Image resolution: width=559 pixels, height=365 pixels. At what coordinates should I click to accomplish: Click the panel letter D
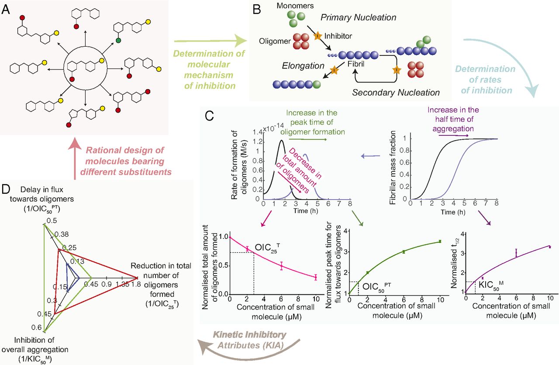pyautogui.click(x=6, y=191)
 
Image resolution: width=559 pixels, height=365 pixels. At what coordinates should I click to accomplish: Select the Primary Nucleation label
pyautogui.click(x=358, y=17)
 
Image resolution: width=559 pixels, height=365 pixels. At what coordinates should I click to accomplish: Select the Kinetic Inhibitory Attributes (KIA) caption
pyautogui.click(x=249, y=340)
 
